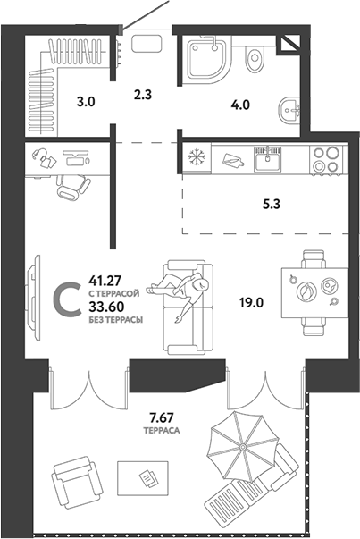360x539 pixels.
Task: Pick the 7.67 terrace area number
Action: tap(163, 417)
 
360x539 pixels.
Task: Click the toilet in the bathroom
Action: tap(256, 58)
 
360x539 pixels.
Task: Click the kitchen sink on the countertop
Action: tap(266, 159)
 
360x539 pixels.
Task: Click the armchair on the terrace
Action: tap(76, 482)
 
